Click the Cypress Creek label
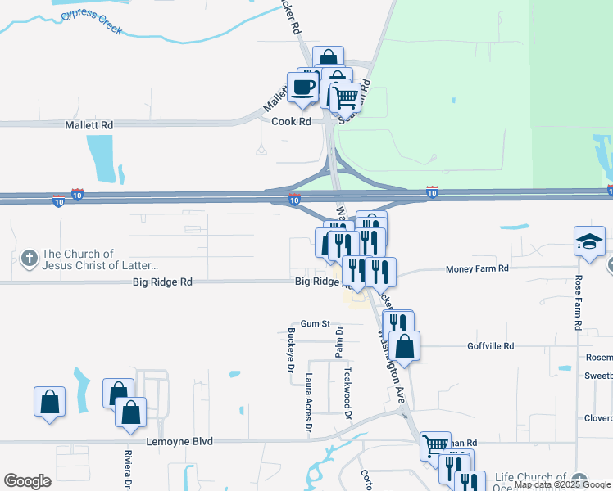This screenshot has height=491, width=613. click(90, 22)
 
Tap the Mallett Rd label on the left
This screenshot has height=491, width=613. click(89, 125)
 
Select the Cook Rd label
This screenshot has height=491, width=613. click(292, 121)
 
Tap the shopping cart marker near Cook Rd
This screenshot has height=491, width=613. click(346, 97)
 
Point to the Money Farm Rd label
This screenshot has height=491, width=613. click(477, 268)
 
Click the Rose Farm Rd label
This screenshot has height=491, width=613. click(579, 302)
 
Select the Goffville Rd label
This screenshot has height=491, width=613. click(490, 346)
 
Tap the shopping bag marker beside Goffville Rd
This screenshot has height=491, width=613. click(405, 345)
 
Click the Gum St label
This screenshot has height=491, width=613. click(314, 324)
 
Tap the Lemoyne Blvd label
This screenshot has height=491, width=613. click(179, 442)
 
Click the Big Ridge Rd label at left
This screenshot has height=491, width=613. click(162, 282)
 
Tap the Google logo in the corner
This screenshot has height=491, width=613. click(27, 481)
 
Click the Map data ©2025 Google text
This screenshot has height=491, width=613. click(562, 485)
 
